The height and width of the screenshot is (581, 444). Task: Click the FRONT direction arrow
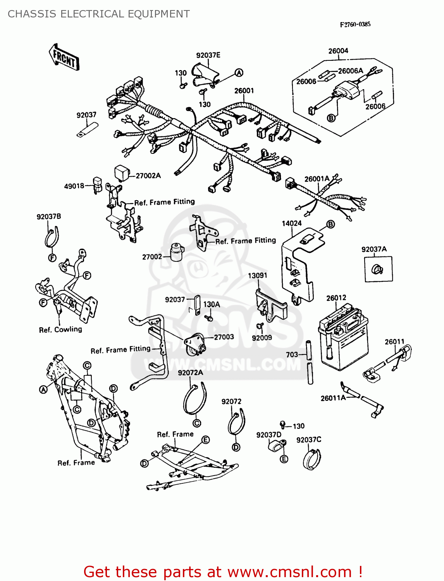coord(64,57)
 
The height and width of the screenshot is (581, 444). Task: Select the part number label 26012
coord(336,298)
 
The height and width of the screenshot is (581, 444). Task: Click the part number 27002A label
coord(148,176)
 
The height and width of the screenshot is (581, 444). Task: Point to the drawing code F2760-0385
coord(355,24)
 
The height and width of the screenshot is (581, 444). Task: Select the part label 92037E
coord(208,55)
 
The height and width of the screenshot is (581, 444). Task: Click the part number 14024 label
coord(291,223)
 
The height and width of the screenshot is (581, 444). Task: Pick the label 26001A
coord(317,179)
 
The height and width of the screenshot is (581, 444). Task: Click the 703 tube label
coord(292,354)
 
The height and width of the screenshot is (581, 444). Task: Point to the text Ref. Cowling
coord(60,330)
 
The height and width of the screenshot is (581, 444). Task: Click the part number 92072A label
coord(190,373)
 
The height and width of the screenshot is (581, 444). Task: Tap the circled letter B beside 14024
coord(330,224)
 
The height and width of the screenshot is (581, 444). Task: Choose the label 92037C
coord(309,440)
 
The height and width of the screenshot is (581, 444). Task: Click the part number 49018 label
coord(74,186)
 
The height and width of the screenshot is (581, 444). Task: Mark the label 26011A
coord(333,398)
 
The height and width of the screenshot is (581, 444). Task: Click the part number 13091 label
coord(258,275)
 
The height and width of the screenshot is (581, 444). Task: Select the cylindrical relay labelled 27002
coord(177,253)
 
